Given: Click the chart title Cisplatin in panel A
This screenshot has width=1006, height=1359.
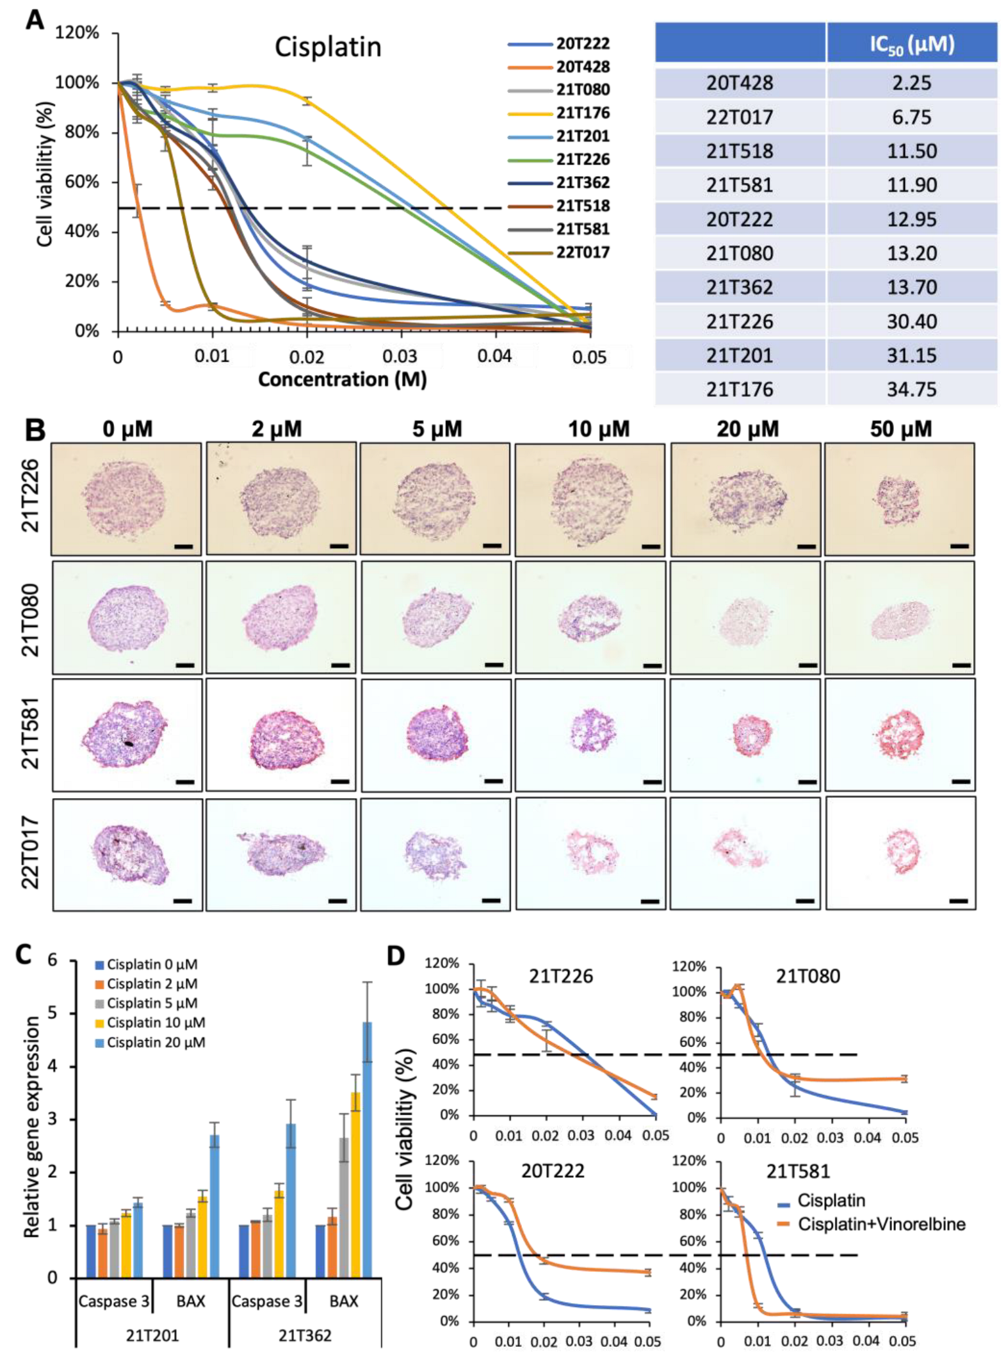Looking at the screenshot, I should pos(327,47).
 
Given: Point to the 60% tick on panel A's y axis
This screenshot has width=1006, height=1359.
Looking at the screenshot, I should pos(82,182).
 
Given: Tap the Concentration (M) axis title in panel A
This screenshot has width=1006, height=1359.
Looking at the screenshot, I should pos(342,380).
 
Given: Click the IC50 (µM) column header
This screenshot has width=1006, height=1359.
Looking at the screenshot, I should pos(911,44).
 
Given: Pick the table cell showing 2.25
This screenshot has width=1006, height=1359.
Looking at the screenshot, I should pos(911,83).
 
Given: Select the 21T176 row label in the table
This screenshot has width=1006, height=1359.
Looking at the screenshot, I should pos(740,390).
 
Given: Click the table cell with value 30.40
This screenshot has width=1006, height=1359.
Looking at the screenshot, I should pos(911,321).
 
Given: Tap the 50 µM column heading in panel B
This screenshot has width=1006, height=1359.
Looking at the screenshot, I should pos(900,429).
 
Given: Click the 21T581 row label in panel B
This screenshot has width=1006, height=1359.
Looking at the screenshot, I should pos(31,734).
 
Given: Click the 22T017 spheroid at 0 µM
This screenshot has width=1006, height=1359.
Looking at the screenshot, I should pos(127,853).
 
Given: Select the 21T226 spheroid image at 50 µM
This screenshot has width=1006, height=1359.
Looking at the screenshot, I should pos(899,499).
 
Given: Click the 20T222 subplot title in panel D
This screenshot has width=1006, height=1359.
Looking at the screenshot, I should pos(552,1171).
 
